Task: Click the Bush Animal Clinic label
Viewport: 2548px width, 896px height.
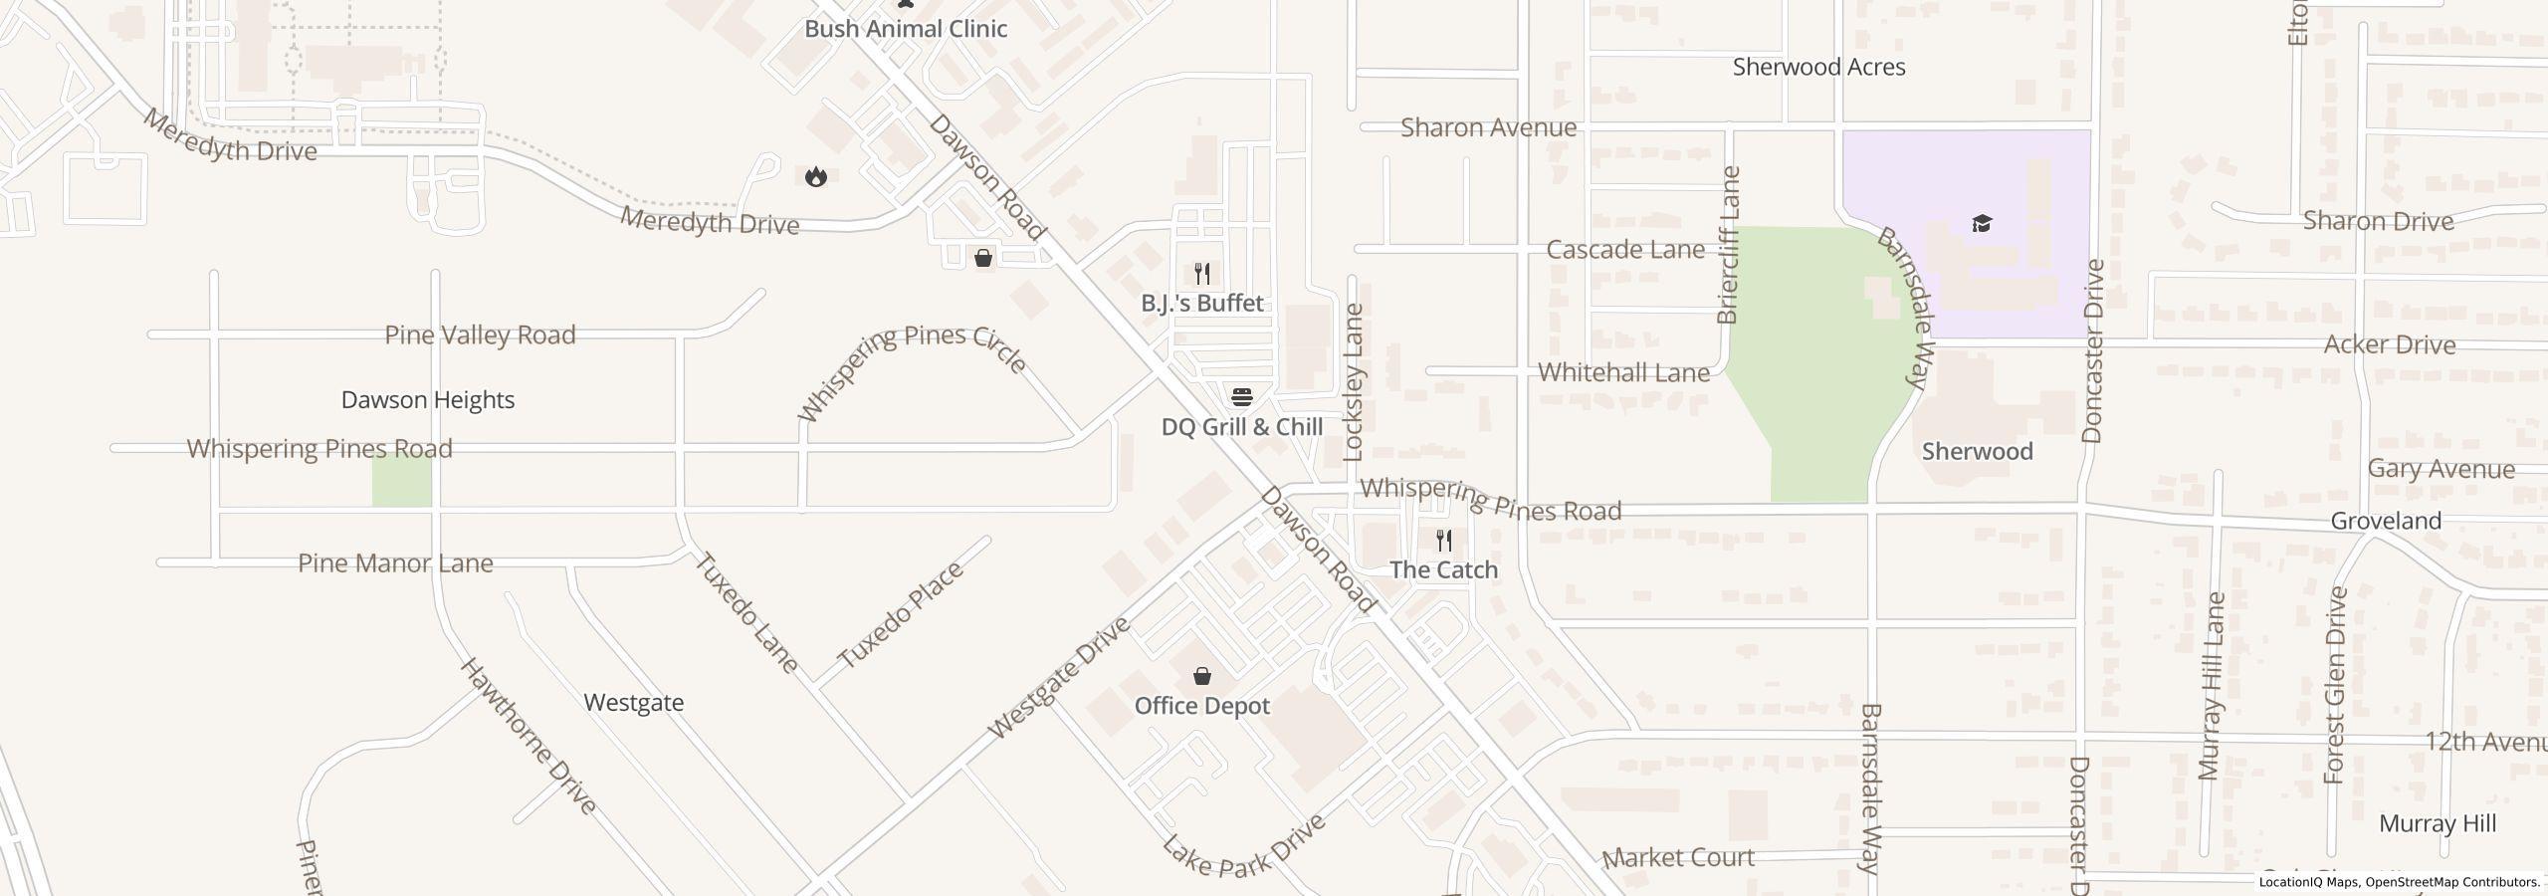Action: [x=906, y=29]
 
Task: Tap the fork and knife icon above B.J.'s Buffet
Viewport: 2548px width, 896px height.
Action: [x=1202, y=274]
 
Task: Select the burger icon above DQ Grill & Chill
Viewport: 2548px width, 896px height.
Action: [x=1241, y=397]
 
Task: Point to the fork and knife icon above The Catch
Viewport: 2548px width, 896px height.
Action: [x=1444, y=541]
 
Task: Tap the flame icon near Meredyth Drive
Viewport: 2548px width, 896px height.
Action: [x=816, y=177]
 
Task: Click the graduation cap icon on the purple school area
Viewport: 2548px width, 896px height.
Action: [x=1982, y=222]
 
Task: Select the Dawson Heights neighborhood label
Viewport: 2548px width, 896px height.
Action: [x=428, y=400]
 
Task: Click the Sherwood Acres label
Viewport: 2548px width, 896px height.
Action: [x=1818, y=67]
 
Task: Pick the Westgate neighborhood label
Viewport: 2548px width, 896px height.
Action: [x=634, y=703]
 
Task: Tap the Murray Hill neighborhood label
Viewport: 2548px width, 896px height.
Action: [x=2438, y=824]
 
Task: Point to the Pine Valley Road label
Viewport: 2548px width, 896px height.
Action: [x=480, y=335]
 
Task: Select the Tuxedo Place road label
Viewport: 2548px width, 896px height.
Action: [x=901, y=615]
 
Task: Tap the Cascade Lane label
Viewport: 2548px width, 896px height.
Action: [x=1624, y=249]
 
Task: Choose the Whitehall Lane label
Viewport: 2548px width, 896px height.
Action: [x=1623, y=372]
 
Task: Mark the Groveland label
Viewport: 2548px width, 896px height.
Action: [x=2385, y=521]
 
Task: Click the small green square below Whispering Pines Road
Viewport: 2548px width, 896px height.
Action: [x=402, y=482]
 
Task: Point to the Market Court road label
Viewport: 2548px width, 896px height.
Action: [x=1679, y=857]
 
